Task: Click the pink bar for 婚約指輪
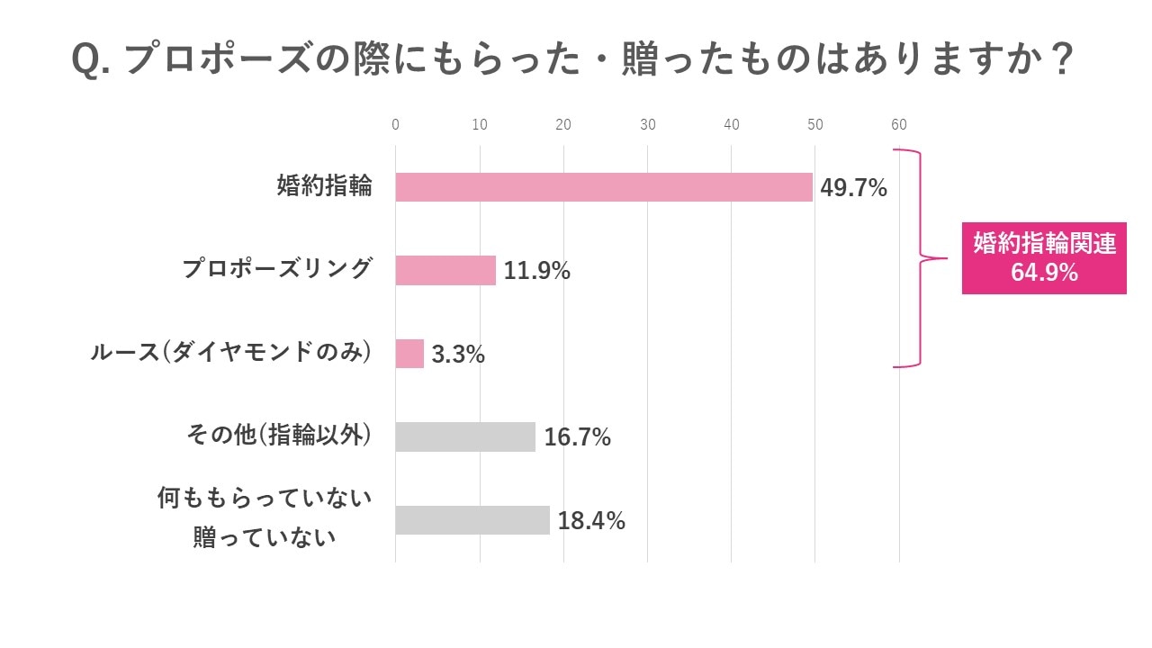[604, 187]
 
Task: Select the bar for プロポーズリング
[445, 270]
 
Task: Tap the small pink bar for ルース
[409, 354]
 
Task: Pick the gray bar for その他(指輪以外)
[465, 436]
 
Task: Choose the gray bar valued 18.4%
[472, 520]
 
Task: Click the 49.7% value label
[853, 188]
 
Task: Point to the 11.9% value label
[536, 271]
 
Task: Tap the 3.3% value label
[458, 355]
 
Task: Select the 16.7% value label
[577, 437]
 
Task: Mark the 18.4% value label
[591, 520]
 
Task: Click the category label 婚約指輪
[324, 187]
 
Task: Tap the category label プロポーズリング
[277, 269]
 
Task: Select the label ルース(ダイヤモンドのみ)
[231, 352]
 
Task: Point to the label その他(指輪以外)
[279, 436]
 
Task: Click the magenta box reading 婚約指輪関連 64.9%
[1044, 258]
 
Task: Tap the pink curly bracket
[922, 259]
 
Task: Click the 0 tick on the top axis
[396, 125]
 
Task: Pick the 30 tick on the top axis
[647, 125]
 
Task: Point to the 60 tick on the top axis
[898, 125]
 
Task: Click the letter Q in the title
[86, 61]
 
